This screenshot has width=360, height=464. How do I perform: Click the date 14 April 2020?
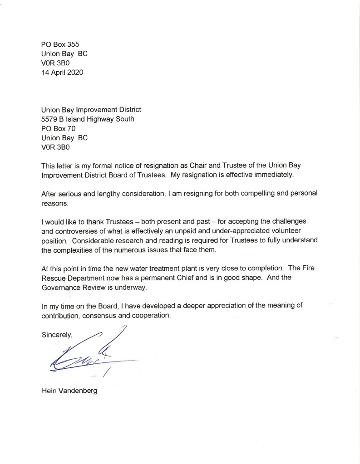click(62, 72)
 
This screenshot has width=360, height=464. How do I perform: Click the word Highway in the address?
click(102, 119)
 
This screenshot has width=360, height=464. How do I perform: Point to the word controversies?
click(78, 230)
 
